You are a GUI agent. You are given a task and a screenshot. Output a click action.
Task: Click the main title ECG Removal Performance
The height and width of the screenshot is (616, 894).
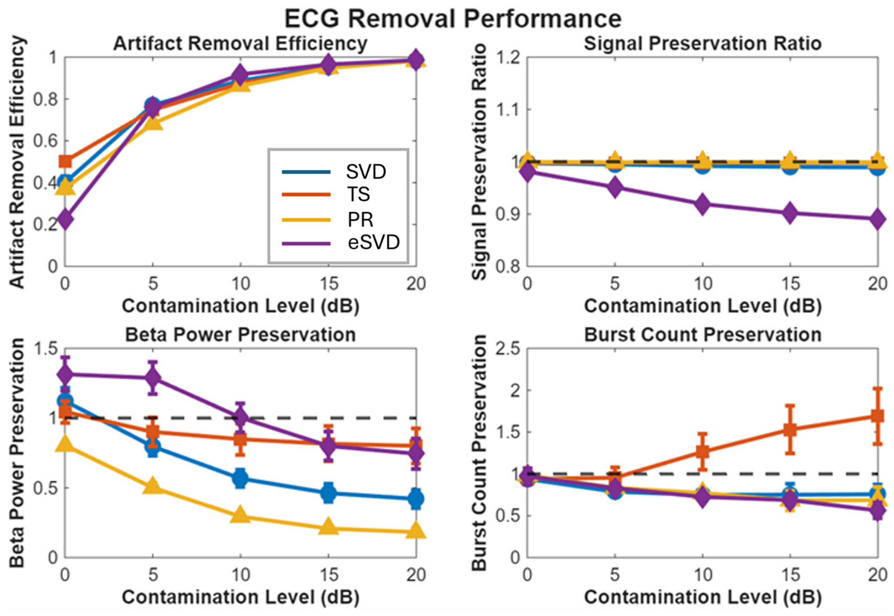click(453, 18)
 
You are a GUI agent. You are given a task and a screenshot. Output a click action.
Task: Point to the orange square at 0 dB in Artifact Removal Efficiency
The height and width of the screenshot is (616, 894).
click(65, 161)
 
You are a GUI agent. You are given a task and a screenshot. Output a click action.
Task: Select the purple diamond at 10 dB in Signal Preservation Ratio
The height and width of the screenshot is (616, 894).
click(702, 204)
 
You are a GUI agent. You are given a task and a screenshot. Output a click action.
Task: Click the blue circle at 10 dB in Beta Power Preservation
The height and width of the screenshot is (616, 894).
click(240, 479)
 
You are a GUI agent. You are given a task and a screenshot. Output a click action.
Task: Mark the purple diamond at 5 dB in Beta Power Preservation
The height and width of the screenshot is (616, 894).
click(153, 377)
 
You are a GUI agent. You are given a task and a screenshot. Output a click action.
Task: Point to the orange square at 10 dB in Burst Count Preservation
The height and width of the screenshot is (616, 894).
click(702, 451)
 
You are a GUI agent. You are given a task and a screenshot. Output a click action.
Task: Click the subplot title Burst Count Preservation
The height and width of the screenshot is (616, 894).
click(702, 335)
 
